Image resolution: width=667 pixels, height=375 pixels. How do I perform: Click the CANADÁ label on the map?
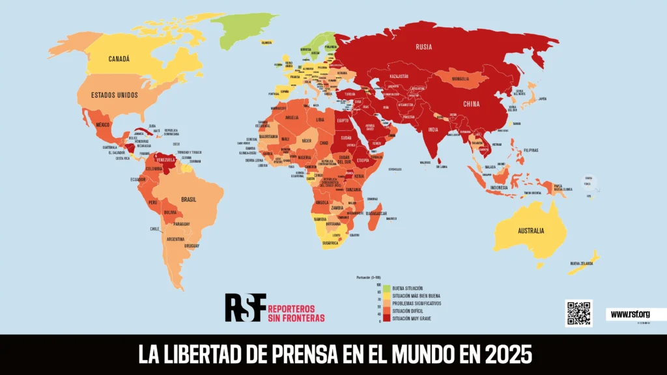click(119, 59)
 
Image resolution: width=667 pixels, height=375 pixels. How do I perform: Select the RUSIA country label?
click(425, 46)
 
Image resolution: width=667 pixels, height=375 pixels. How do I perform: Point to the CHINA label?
click(472, 104)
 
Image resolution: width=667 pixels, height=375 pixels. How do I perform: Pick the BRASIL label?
click(189, 199)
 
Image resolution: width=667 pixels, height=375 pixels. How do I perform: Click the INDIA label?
click(433, 129)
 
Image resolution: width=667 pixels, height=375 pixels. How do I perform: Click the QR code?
click(578, 313)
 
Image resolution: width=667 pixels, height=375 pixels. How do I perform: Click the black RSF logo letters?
click(245, 307)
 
